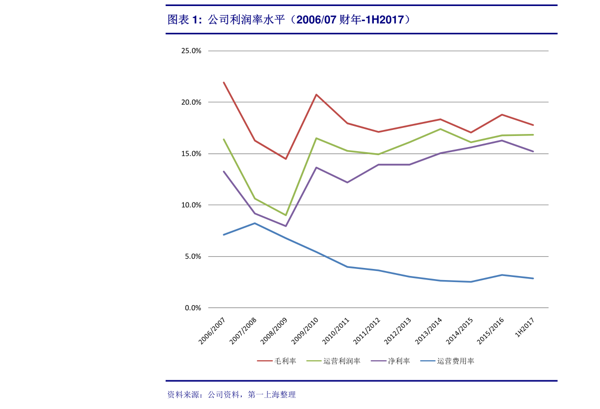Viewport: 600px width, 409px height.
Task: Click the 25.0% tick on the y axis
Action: (191, 51)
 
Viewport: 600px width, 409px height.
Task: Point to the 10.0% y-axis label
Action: (191, 205)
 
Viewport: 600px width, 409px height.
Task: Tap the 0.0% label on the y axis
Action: (192, 308)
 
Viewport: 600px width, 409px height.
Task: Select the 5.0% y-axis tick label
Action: (192, 256)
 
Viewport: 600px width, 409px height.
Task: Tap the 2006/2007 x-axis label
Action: (212, 330)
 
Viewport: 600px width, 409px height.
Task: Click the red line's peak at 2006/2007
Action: (224, 83)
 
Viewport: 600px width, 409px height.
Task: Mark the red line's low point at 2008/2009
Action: (286, 159)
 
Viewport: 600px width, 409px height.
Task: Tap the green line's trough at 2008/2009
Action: (286, 215)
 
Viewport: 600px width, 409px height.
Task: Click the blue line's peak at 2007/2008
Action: (255, 223)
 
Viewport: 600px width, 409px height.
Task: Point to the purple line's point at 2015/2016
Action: (502, 141)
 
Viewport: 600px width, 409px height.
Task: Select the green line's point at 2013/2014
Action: (440, 129)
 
